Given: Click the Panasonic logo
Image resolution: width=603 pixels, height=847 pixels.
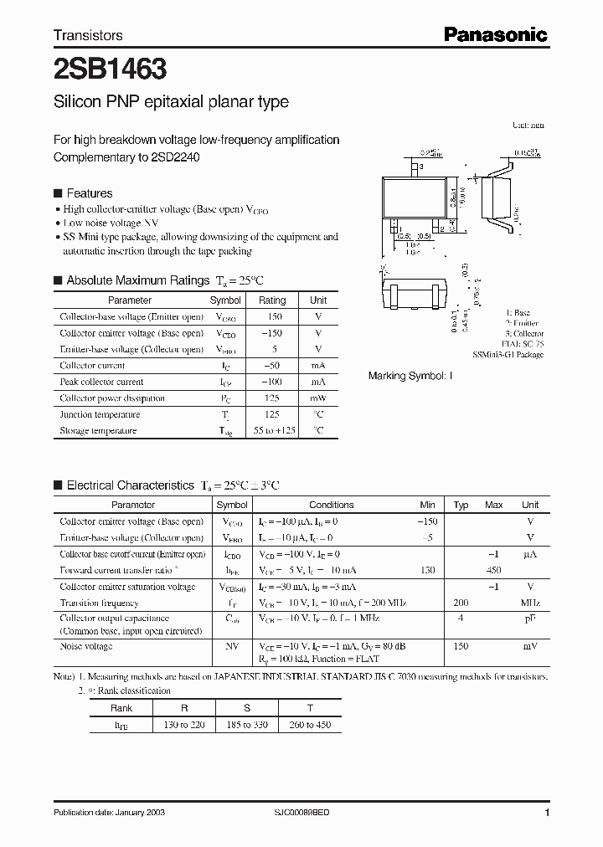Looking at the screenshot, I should coord(495,34).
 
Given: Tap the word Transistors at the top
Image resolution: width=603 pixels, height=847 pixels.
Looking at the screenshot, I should coord(88,35).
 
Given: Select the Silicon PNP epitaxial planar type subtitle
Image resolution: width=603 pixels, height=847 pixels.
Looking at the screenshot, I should coord(171,102).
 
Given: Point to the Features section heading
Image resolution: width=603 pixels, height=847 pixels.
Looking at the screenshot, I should coord(89,193).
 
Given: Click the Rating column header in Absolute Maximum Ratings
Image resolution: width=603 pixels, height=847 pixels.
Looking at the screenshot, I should coord(272,300).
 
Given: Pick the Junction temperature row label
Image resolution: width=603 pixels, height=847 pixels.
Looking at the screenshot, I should coord(93,414).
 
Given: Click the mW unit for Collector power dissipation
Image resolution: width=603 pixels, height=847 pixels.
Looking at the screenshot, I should coord(318,398).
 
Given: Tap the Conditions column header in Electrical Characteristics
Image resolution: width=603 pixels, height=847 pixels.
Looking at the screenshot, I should coord(332,505).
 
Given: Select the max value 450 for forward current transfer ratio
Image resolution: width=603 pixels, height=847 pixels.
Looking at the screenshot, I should coord(493,571).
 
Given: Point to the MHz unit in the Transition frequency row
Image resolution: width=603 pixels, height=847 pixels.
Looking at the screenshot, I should coord(529,603).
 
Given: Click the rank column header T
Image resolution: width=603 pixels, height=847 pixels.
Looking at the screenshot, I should coord(309,707).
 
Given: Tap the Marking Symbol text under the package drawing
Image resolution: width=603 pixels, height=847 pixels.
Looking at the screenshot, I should coord(410,377).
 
